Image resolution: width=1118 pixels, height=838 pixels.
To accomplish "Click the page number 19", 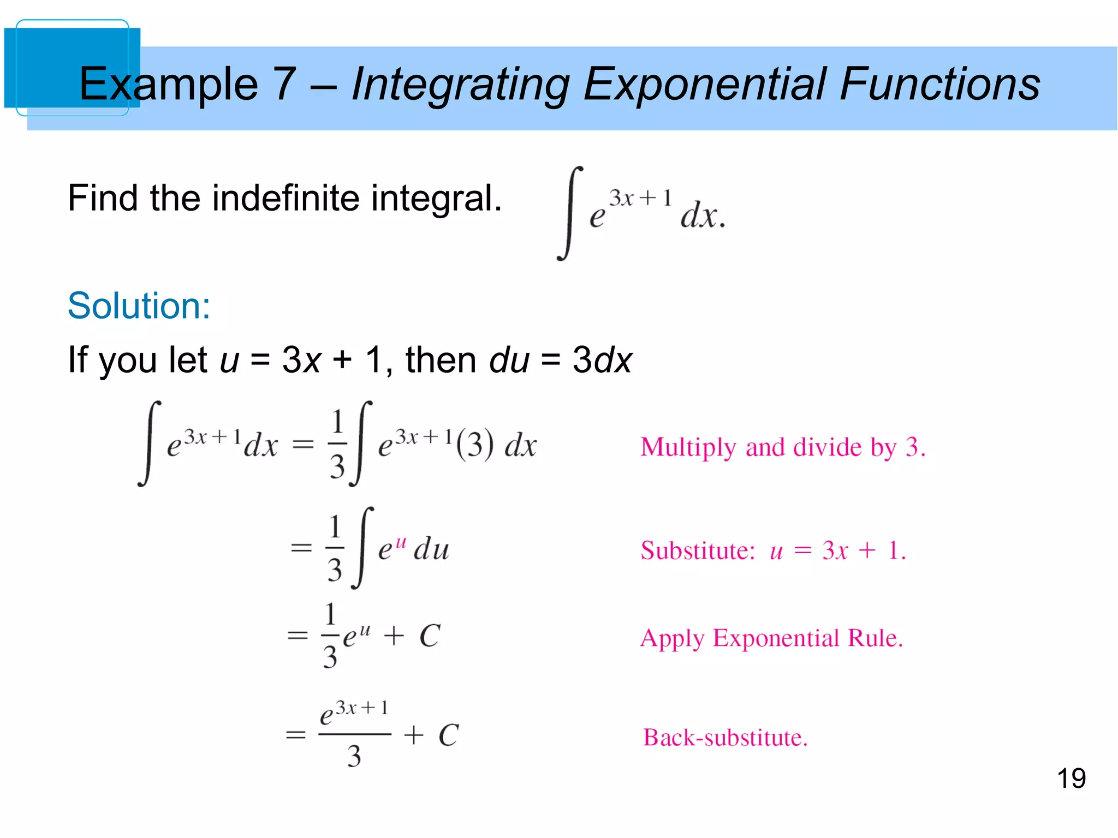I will [x=1071, y=779].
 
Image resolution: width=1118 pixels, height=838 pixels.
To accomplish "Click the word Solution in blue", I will [x=139, y=306].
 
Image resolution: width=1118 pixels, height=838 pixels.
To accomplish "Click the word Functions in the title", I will [x=940, y=84].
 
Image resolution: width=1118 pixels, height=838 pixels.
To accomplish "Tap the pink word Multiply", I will [x=688, y=448].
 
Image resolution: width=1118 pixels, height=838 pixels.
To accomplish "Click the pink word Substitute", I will [x=697, y=550].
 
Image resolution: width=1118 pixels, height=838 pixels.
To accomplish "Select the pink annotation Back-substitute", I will [x=725, y=738].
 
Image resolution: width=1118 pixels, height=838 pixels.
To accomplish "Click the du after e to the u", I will [x=431, y=549].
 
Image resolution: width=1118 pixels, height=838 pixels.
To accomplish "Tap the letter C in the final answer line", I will [x=449, y=735].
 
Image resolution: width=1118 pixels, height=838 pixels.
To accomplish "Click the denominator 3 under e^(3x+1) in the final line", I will [x=354, y=757].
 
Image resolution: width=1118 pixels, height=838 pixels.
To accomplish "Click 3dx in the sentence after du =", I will [x=602, y=360].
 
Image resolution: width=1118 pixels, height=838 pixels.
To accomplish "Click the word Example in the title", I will [x=169, y=84].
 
